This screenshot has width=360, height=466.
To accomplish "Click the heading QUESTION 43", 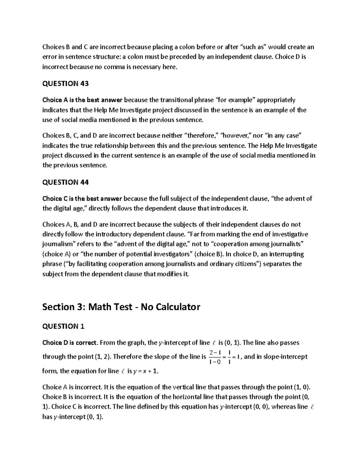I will click(65, 84).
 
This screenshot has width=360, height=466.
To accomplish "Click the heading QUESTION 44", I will click(65, 182).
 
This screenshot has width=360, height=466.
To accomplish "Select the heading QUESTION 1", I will click(63, 326).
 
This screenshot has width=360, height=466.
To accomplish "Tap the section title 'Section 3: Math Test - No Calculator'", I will click(121, 307).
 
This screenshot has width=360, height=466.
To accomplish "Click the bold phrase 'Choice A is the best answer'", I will click(82, 100).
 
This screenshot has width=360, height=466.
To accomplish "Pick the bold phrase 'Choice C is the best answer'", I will click(82, 198).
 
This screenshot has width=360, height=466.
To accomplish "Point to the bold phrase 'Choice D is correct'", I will click(70, 343).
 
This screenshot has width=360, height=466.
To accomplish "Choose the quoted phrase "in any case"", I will click(282, 136).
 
